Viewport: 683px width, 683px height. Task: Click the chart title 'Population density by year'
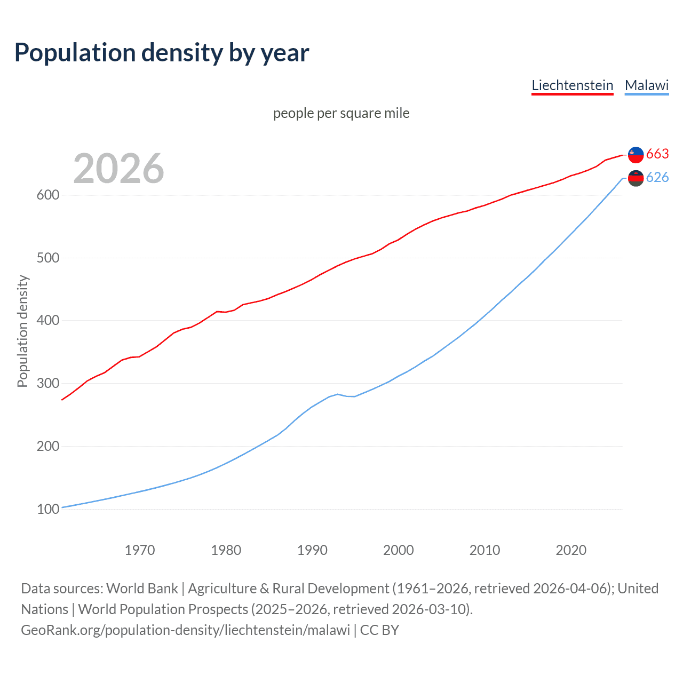coord(162,53)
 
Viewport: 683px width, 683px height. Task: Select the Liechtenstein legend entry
coord(572,85)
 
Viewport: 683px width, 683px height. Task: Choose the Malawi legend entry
coord(646,85)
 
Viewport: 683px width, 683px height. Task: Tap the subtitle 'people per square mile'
coord(341,113)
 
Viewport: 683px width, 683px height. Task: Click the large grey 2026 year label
coord(118,169)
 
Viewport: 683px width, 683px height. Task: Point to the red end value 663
coord(657,154)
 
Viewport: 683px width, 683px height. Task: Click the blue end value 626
coord(657,177)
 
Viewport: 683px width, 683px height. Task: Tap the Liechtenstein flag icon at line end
coord(636,155)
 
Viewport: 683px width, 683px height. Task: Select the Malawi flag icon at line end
coord(636,178)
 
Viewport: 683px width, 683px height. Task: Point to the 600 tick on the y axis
coord(47,195)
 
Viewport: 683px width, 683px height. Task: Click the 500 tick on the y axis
coord(47,258)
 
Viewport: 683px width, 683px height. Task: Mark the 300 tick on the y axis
coord(47,383)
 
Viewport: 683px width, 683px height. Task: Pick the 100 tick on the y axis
coord(47,509)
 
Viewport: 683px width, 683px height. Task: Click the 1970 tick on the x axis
coord(140,550)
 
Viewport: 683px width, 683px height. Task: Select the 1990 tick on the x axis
coord(312,550)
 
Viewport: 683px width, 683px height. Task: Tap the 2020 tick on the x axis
coord(571,550)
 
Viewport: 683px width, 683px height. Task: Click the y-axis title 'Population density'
coord(22,331)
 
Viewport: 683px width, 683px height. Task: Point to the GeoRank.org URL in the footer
coord(185,630)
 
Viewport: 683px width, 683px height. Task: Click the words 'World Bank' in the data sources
coord(142,589)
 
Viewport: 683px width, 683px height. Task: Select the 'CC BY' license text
coord(379,630)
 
